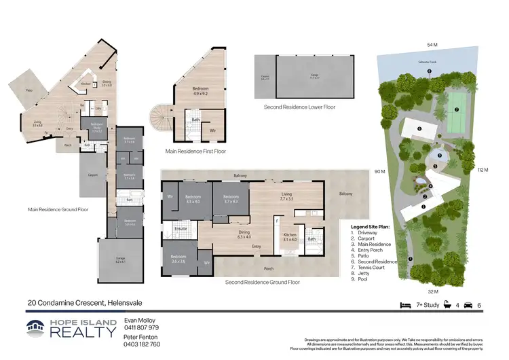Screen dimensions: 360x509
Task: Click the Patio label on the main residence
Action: (x=29, y=90)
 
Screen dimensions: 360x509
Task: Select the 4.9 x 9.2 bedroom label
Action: (x=200, y=92)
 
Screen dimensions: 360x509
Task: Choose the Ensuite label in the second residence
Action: (x=181, y=229)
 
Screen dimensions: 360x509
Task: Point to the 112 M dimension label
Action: (x=483, y=169)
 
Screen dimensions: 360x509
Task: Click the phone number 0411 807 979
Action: (x=141, y=327)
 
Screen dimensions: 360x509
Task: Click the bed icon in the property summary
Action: (x=405, y=306)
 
